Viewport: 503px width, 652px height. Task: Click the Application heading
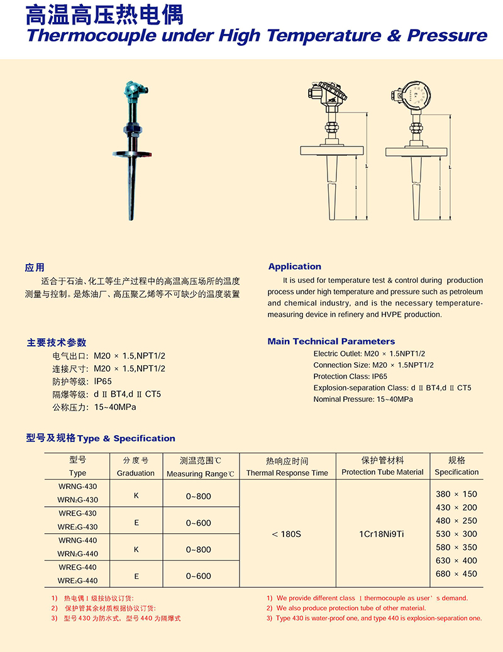pyautogui.click(x=294, y=267)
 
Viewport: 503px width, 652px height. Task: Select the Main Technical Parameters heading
pyautogui.click(x=331, y=341)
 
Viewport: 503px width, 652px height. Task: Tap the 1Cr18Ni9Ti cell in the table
pyautogui.click(x=382, y=534)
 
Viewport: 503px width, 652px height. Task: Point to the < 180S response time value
pyautogui.click(x=287, y=534)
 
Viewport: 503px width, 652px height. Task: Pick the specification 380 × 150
pyautogui.click(x=456, y=494)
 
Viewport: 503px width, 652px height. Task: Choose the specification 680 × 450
pyautogui.click(x=456, y=573)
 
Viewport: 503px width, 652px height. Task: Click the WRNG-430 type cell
pyautogui.click(x=78, y=486)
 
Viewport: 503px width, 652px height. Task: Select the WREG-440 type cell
pyautogui.click(x=78, y=567)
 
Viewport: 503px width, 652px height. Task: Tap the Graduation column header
pyautogui.click(x=136, y=473)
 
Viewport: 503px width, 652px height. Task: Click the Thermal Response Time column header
pyautogui.click(x=287, y=473)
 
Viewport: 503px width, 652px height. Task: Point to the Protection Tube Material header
pyautogui.click(x=382, y=472)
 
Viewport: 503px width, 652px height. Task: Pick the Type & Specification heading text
pyautogui.click(x=126, y=438)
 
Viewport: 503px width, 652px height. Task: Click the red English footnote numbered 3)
pyautogui.click(x=374, y=618)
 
